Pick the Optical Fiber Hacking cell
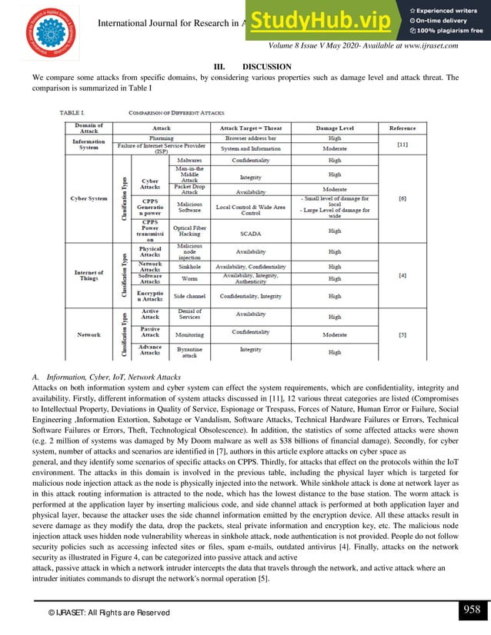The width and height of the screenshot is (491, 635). (189, 230)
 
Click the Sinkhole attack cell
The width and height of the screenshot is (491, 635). (189, 266)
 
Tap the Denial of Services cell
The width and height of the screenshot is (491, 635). (189, 314)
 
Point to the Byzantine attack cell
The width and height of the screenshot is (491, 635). (189, 352)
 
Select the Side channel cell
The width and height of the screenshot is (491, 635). (189, 295)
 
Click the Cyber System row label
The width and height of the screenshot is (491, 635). (89, 198)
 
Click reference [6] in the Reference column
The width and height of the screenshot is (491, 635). (402, 198)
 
